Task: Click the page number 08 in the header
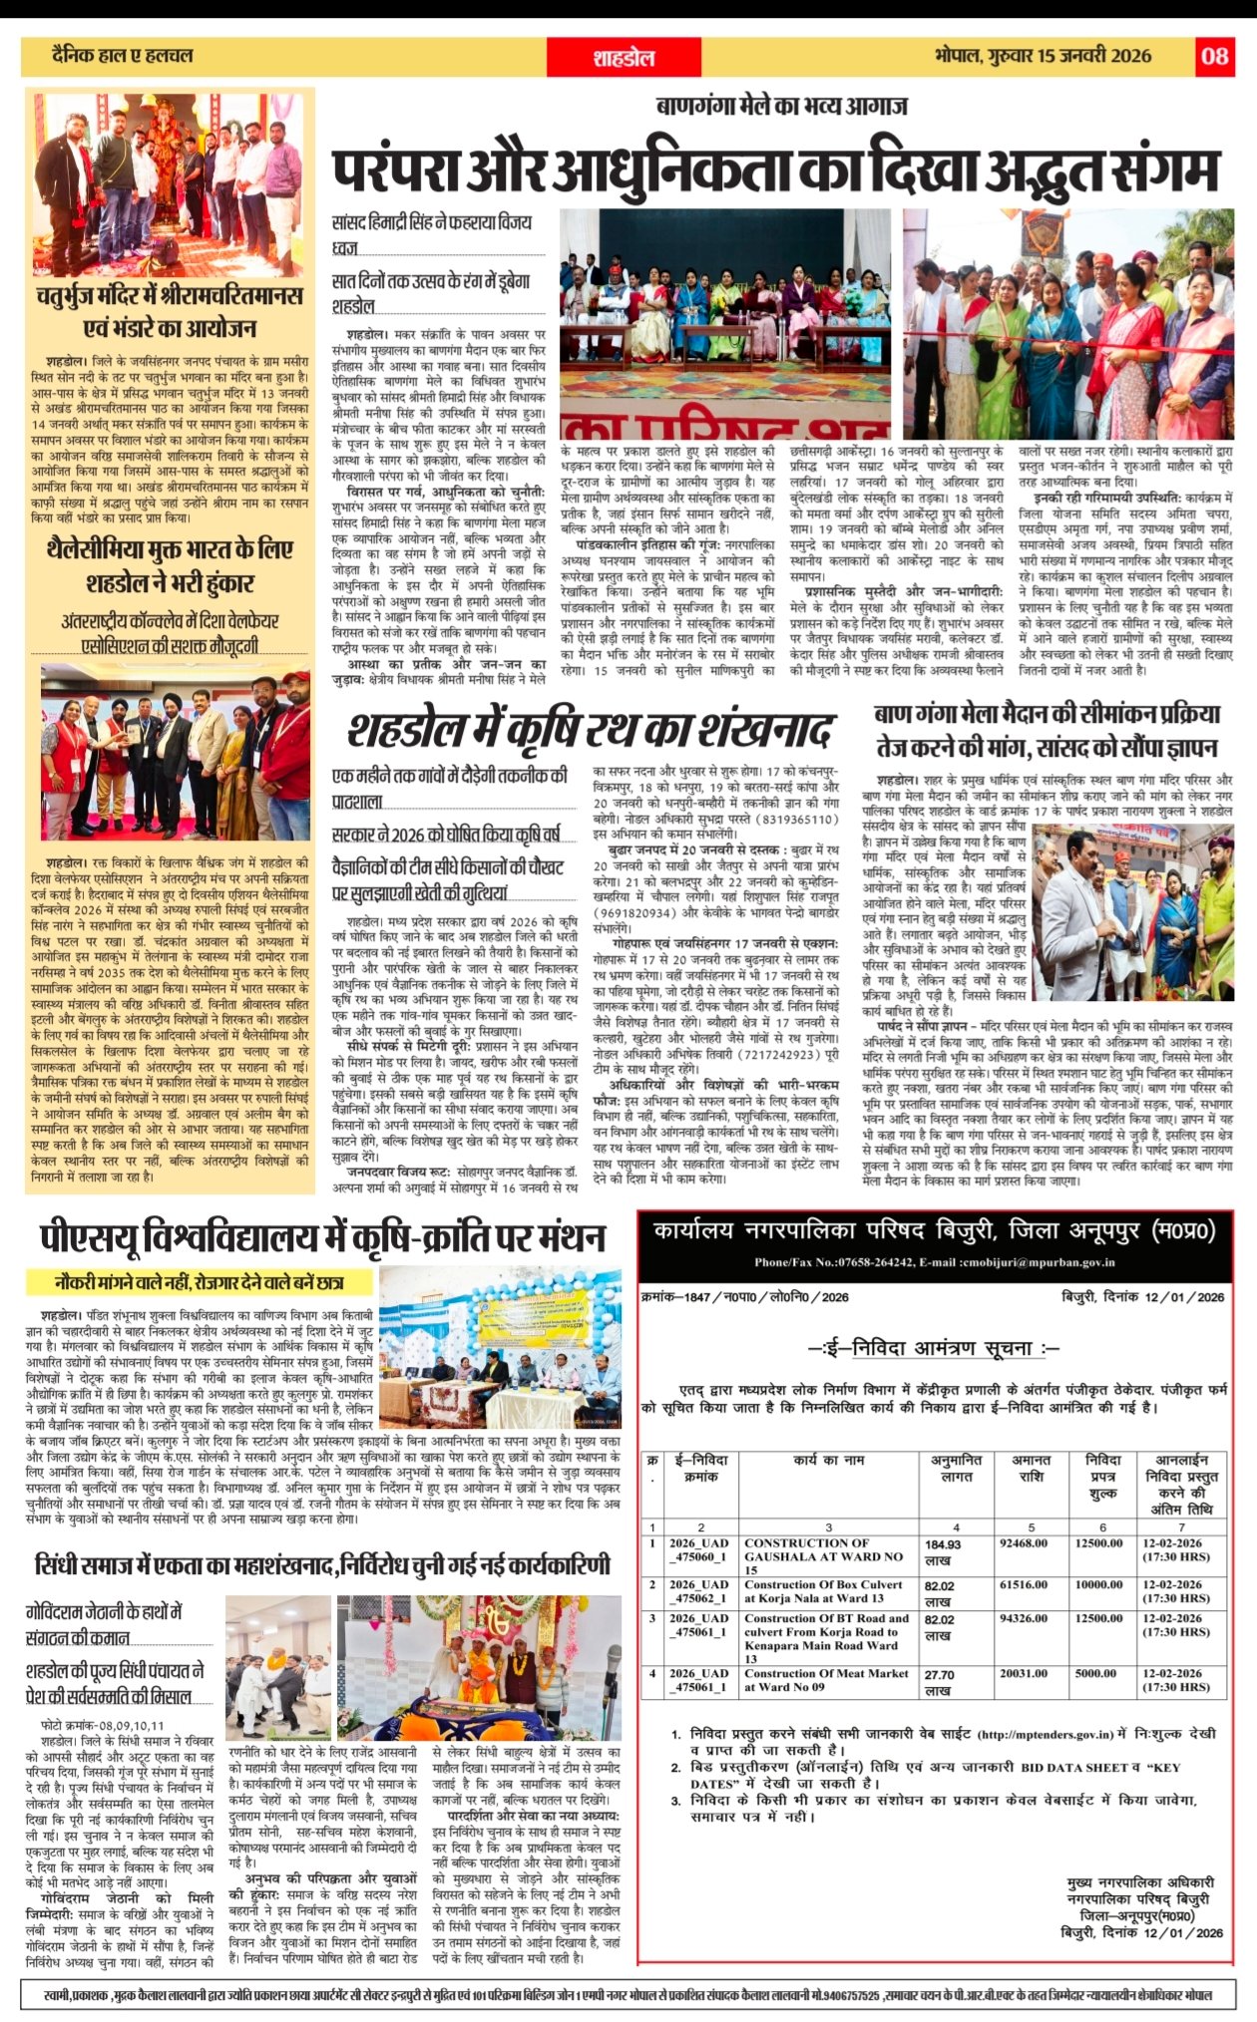coord(1214,56)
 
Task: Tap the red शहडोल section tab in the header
coord(624,57)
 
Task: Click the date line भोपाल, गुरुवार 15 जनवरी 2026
coord(1044,56)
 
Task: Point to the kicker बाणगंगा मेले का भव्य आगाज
coord(781,107)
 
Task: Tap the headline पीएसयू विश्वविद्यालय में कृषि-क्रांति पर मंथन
coord(322,1237)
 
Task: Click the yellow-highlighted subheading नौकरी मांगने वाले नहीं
coord(200,1282)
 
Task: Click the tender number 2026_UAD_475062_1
coord(698,1591)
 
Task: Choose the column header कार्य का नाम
coord(829,1460)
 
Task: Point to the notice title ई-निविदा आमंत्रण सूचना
coord(934,1348)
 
